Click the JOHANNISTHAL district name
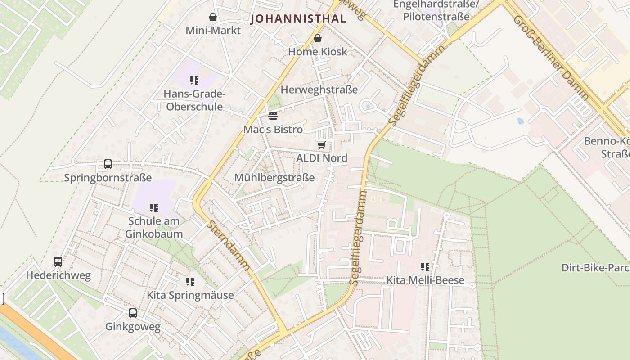(298, 18)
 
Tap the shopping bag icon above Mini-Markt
(213, 17)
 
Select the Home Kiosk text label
(318, 51)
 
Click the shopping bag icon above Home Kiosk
(318, 38)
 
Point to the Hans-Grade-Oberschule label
(194, 100)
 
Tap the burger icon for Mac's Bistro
(273, 116)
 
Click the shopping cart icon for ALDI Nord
(321, 145)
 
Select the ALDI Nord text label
(322, 158)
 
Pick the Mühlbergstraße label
(274, 177)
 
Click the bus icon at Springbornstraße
(108, 164)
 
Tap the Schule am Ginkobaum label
(154, 227)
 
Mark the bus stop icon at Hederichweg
(58, 261)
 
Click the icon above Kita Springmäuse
(190, 282)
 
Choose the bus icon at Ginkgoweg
(133, 313)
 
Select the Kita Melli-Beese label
(425, 280)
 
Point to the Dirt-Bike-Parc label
(595, 268)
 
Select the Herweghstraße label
(319, 90)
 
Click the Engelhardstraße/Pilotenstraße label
(436, 10)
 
